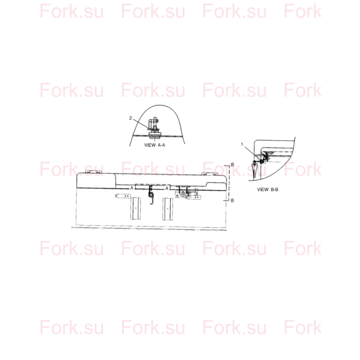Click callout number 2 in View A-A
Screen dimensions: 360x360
(x=130, y=118)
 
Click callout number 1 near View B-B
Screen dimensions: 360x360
(x=242, y=144)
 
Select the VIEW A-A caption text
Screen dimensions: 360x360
(x=155, y=145)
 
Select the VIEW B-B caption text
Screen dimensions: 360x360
(x=268, y=190)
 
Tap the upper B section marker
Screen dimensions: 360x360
(x=232, y=165)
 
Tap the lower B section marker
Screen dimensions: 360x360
(x=232, y=200)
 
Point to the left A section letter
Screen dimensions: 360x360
(x=132, y=188)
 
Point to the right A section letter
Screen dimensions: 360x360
(x=167, y=188)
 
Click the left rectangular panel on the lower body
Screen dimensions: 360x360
(x=136, y=209)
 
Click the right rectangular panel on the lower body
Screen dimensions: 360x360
(x=168, y=209)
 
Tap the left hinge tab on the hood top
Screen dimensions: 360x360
(x=93, y=172)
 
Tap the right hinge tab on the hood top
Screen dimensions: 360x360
(x=209, y=174)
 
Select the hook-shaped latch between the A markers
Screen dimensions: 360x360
(x=151, y=194)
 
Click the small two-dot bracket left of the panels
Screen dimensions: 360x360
(x=123, y=196)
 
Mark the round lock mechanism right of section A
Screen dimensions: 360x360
(x=182, y=193)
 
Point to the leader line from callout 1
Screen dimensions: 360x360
(x=252, y=153)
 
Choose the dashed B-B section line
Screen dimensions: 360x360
(x=228, y=182)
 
